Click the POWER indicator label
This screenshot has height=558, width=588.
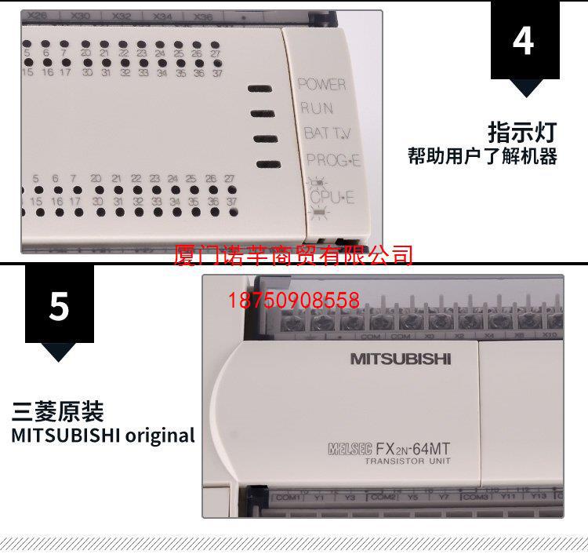pyautogui.click(x=321, y=84)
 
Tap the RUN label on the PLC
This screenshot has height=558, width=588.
pyautogui.click(x=316, y=108)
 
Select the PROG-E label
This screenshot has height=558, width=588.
pyautogui.click(x=333, y=160)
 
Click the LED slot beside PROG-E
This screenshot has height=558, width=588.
pyautogui.click(x=267, y=164)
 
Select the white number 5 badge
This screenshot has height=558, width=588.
pyautogui.click(x=59, y=305)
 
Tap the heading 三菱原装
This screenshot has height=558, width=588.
pyautogui.click(x=58, y=412)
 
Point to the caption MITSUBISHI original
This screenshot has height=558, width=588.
pyautogui.click(x=103, y=435)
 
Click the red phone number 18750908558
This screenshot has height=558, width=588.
pyautogui.click(x=294, y=301)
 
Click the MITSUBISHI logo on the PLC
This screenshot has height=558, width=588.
pyautogui.click(x=401, y=359)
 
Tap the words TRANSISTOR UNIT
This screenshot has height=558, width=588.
pyautogui.click(x=406, y=461)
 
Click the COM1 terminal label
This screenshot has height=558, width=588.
pyautogui.click(x=289, y=498)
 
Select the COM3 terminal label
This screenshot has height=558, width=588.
pyautogui.click(x=474, y=498)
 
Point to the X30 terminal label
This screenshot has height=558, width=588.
pyautogui.click(x=79, y=15)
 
